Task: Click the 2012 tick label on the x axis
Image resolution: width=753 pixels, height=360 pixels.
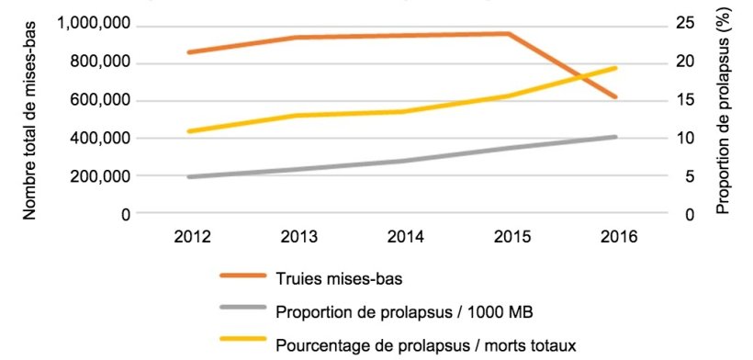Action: pyautogui.click(x=193, y=236)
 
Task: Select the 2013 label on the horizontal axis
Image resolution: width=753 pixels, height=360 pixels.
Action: pyautogui.click(x=298, y=236)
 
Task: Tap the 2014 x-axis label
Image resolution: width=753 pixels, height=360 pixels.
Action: pyautogui.click(x=404, y=236)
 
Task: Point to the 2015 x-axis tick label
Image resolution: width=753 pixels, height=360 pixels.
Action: pyautogui.click(x=510, y=236)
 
